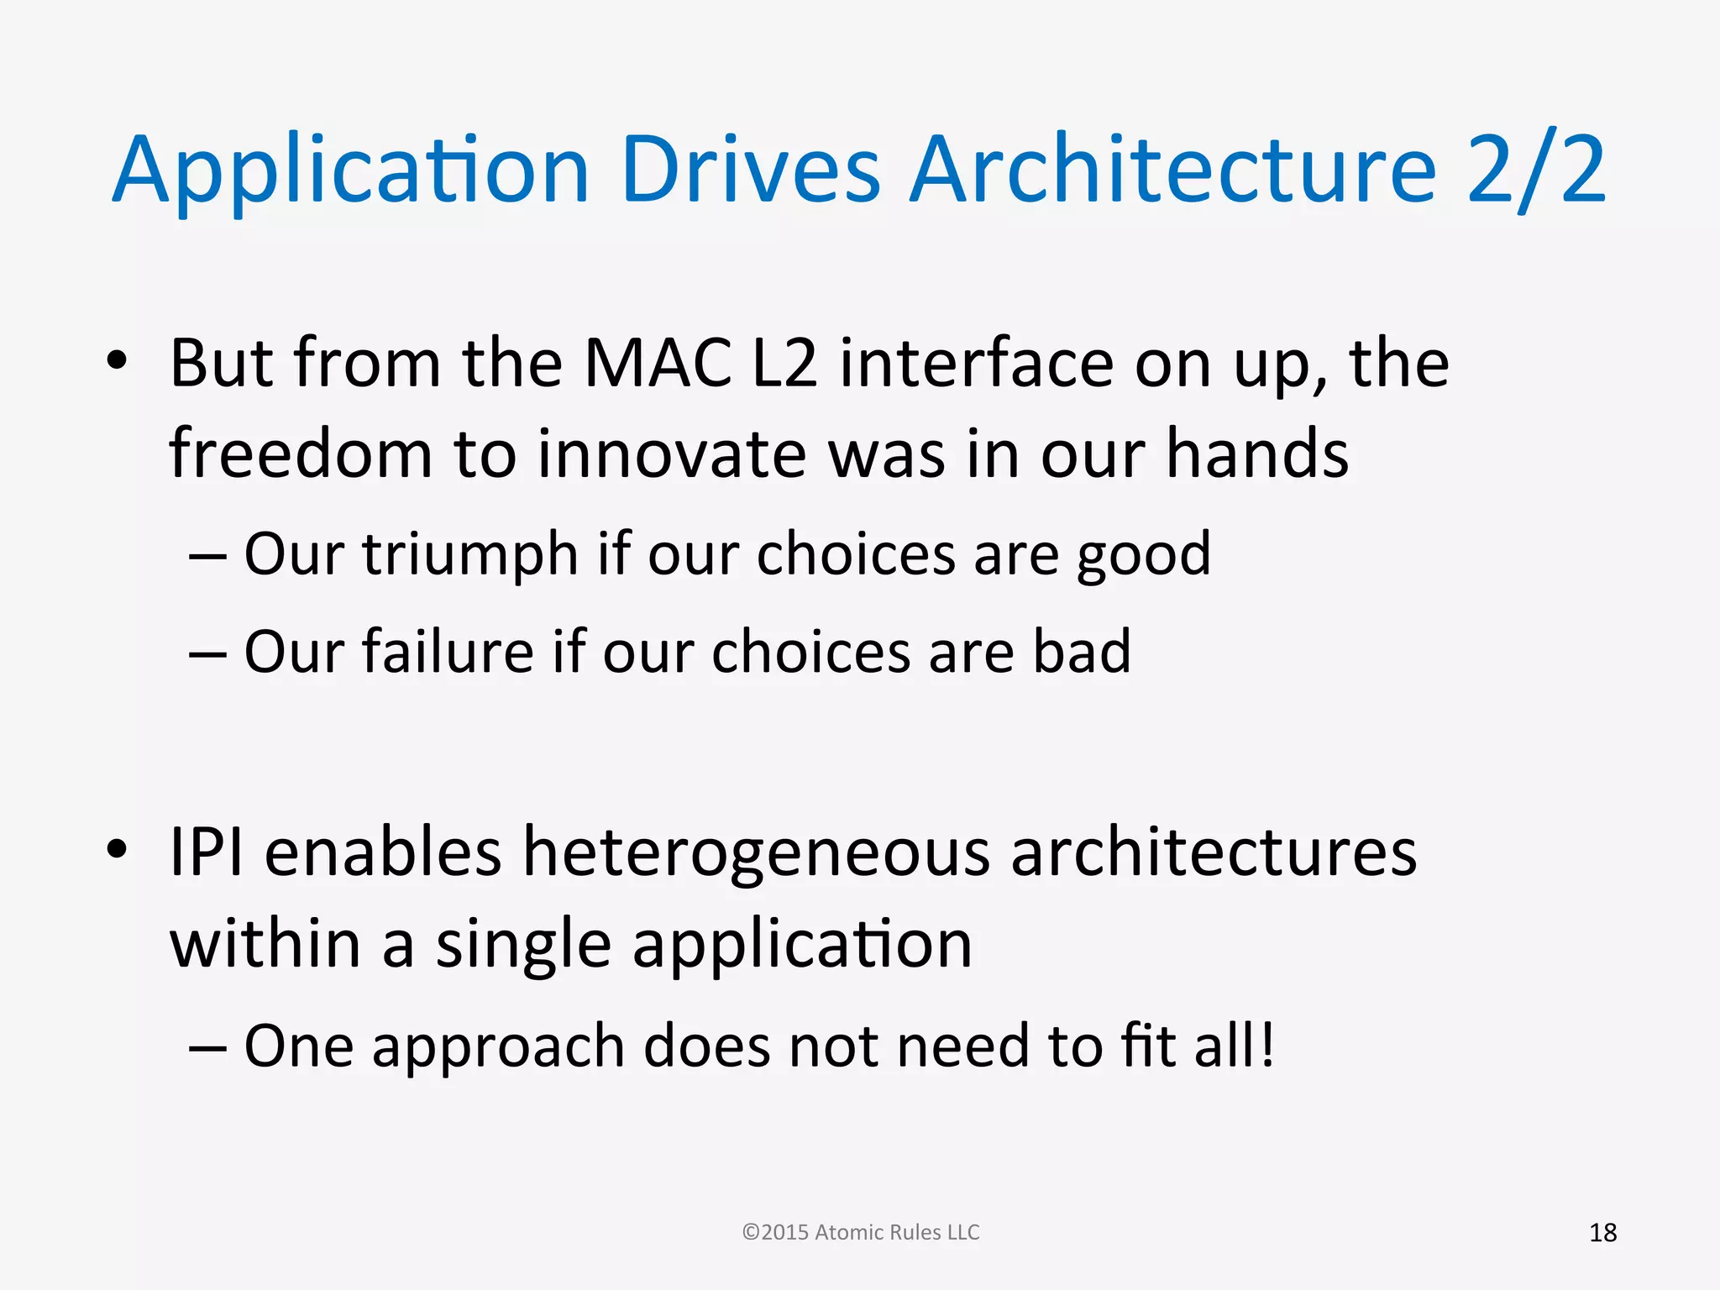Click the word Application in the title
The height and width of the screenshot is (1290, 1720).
[x=350, y=172]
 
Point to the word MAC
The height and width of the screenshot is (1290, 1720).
[x=658, y=364]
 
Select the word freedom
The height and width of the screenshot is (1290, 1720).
[x=301, y=454]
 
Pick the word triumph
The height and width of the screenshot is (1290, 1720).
[x=470, y=555]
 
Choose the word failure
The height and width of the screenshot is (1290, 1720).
[x=448, y=652]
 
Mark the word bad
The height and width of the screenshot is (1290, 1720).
[x=1082, y=652]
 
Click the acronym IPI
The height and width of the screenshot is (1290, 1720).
[x=207, y=852]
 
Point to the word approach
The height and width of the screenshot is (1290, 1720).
[x=498, y=1047]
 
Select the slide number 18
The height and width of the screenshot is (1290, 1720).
[x=1602, y=1233]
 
